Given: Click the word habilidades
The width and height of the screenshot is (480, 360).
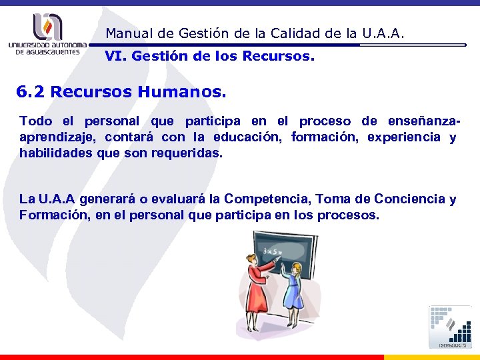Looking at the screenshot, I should pos(54,153).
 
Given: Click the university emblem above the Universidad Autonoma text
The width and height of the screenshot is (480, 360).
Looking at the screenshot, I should pos(47,27).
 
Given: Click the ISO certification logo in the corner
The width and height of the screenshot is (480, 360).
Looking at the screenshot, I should pos(450,327).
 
